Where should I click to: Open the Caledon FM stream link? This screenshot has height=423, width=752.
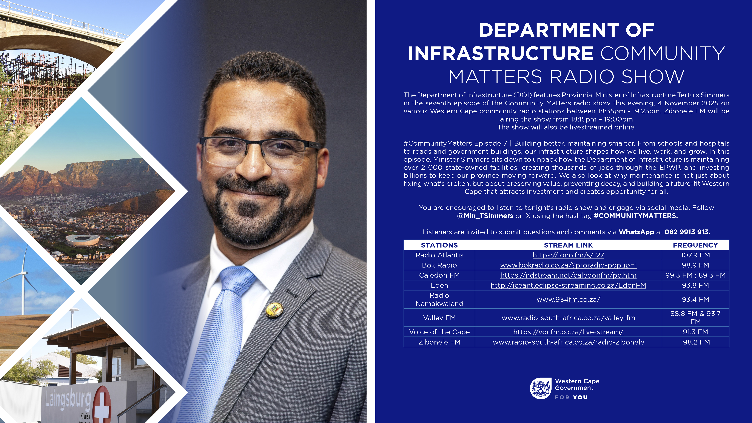coord(568,275)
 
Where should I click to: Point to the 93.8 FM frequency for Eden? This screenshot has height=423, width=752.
coord(695,285)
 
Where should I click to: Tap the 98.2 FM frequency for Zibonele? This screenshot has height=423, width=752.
coord(696,342)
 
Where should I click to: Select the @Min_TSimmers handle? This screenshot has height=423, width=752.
coord(485,216)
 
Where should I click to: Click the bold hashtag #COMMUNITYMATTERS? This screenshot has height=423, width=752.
coord(636,216)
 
